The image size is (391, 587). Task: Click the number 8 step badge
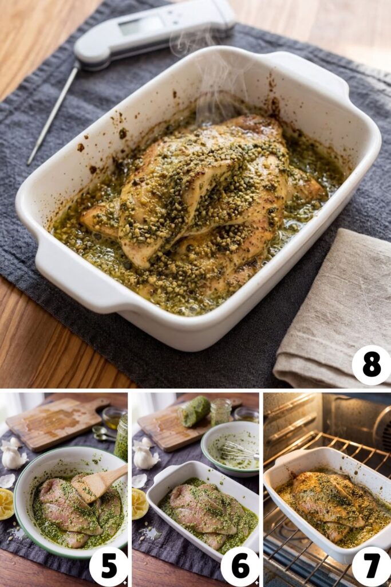coord(371,365)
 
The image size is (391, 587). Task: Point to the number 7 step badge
coord(371,566)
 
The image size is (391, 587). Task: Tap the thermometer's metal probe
coord(53,115)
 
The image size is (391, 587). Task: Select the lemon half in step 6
coord(139,503)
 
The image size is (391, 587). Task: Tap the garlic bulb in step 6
coord(145,456)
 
